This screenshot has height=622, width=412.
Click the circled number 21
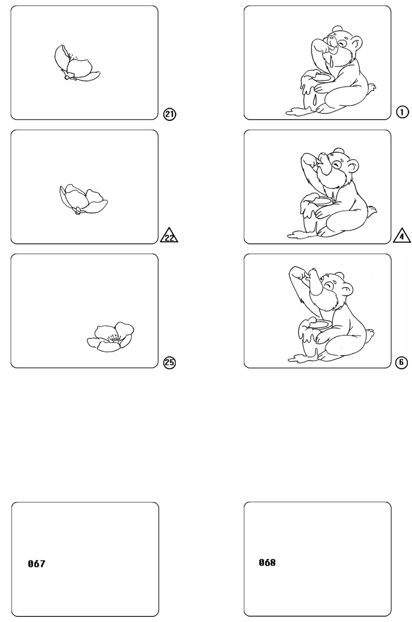pyautogui.click(x=170, y=114)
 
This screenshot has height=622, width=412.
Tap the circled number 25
pyautogui.click(x=170, y=362)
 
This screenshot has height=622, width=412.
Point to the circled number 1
pyautogui.click(x=402, y=112)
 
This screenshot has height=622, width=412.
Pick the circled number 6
pyautogui.click(x=401, y=362)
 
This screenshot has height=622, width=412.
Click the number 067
pyautogui.click(x=36, y=564)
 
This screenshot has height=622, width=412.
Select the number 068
pyautogui.click(x=267, y=562)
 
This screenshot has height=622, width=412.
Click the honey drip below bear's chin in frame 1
pyautogui.click(x=332, y=62)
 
